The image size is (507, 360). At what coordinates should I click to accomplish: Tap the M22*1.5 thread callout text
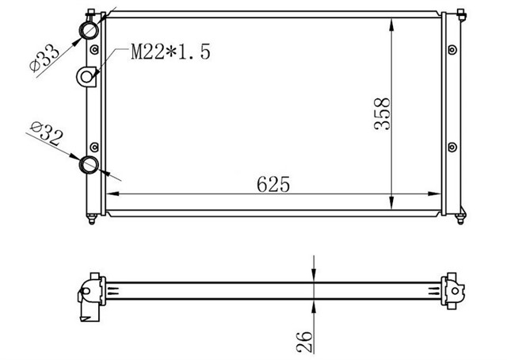172,52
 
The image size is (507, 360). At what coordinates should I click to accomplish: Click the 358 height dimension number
382,113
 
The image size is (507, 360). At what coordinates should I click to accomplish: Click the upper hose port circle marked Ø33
89,31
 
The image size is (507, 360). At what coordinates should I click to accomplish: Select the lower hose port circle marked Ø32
90,165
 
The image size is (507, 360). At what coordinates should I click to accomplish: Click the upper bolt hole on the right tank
452,52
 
